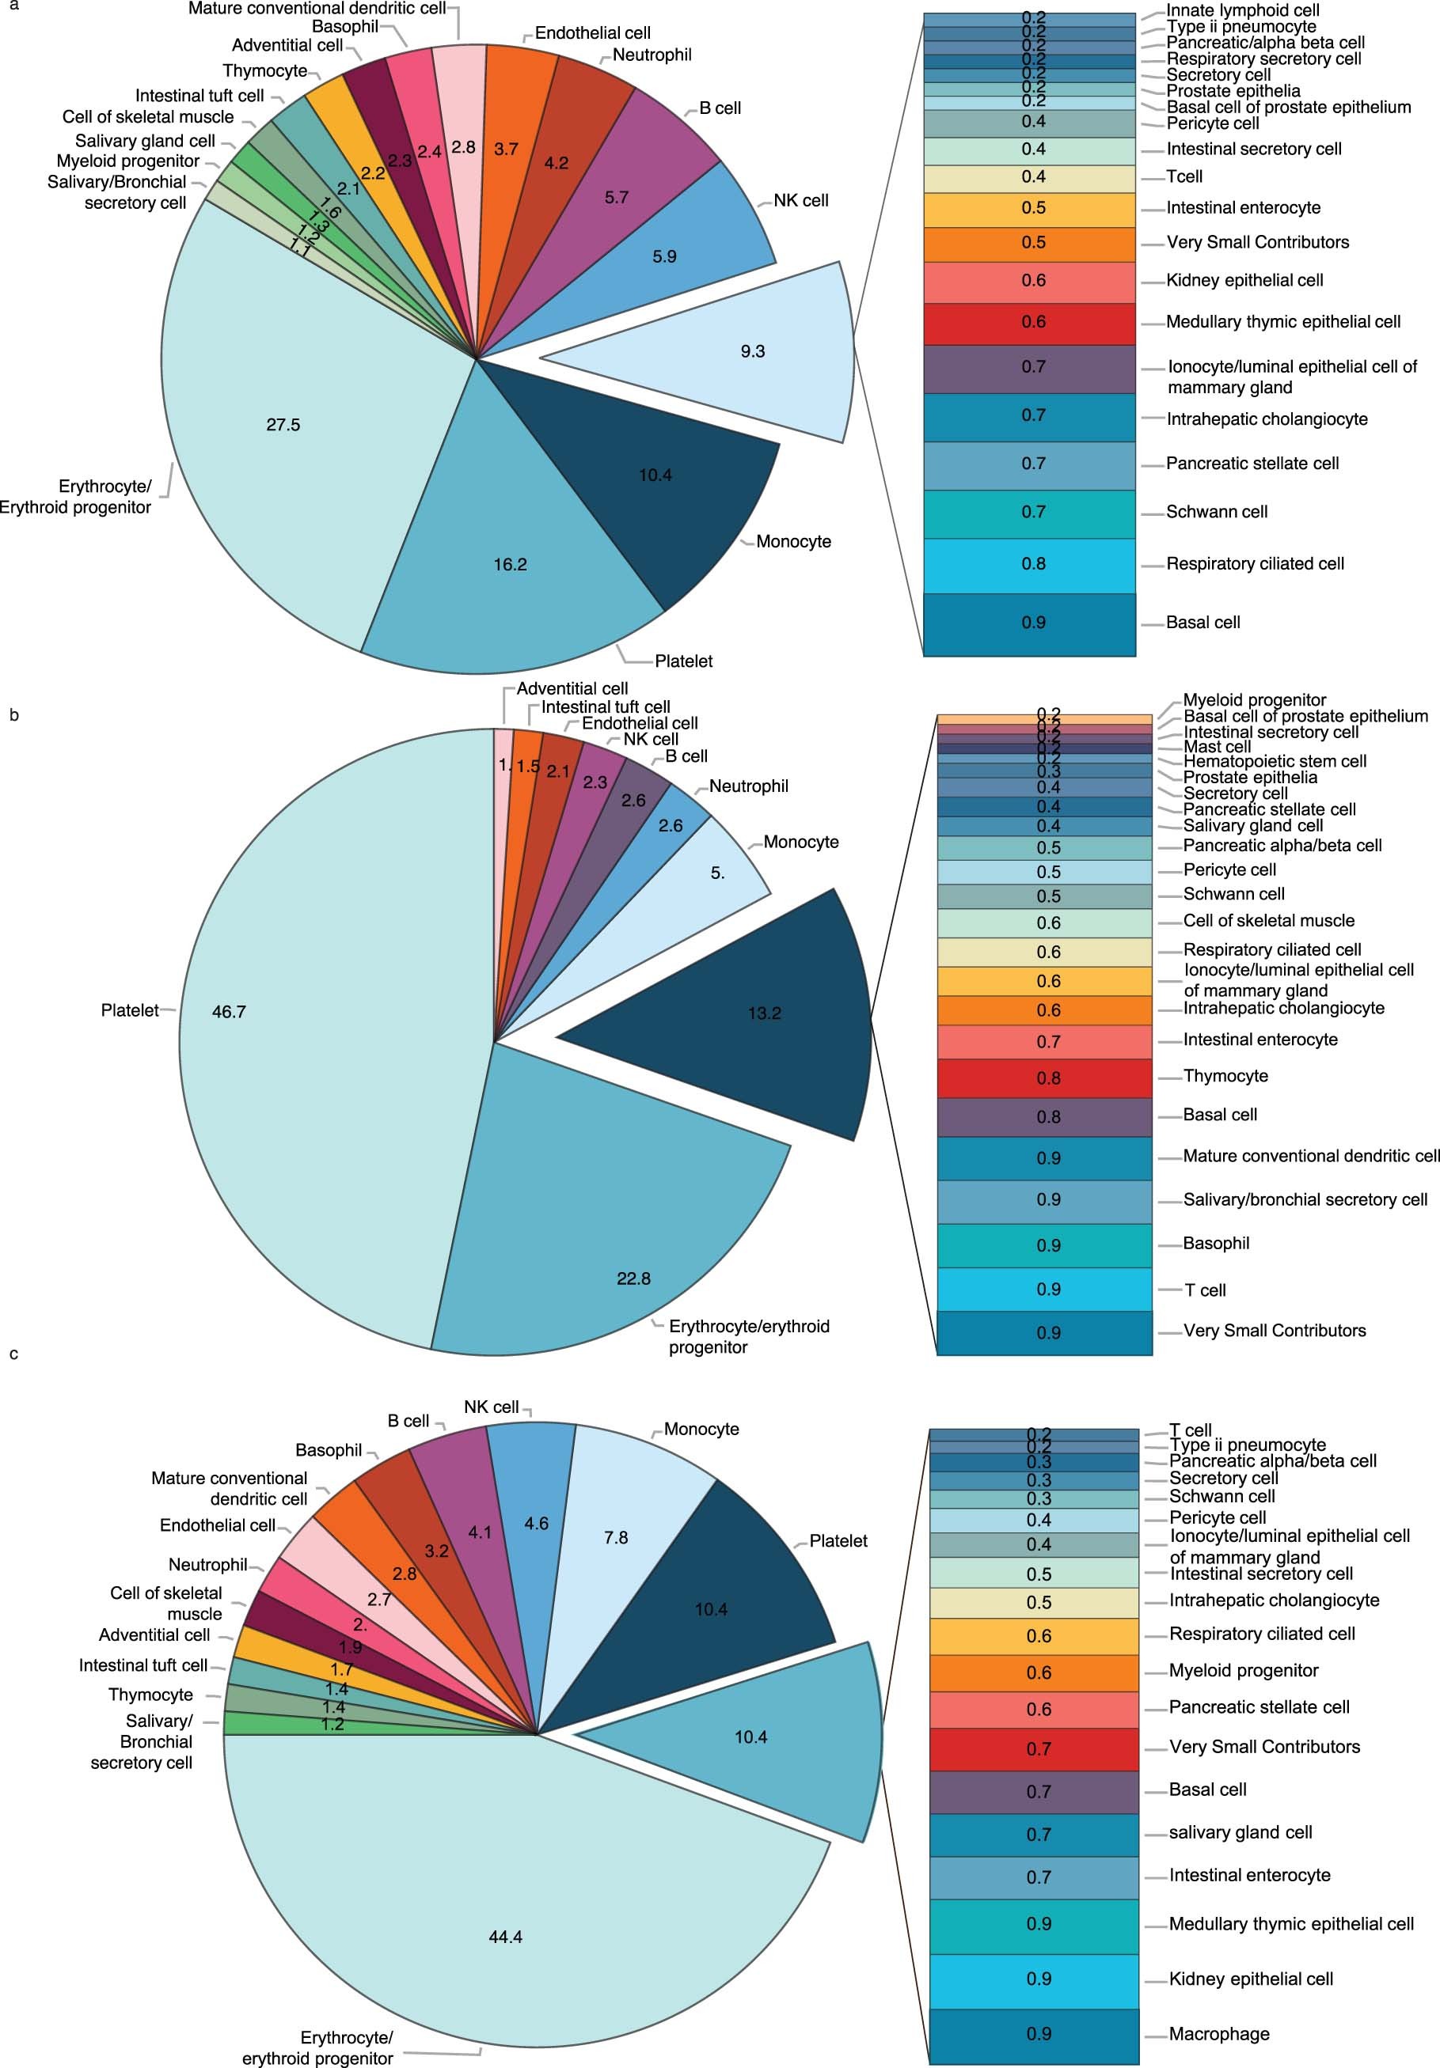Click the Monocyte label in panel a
coord(793,541)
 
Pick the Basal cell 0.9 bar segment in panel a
coord(1029,623)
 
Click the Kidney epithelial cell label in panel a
coord(1244,280)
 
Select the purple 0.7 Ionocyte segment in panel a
coord(1029,369)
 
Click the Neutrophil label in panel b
coord(748,786)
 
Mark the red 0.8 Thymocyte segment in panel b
coord(1044,1078)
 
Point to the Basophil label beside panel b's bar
coord(1216,1243)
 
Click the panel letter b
coord(13,715)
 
